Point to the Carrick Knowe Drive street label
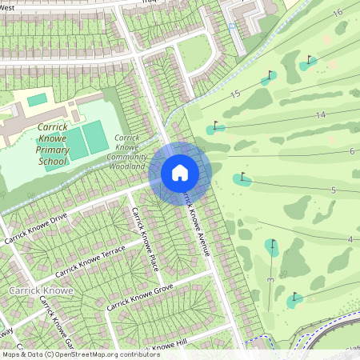(x=36, y=229)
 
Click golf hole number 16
(x=337, y=11)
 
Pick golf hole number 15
(x=234, y=94)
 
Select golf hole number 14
(x=320, y=115)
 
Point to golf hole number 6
(x=352, y=151)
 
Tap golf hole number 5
(x=333, y=190)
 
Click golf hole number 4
(x=350, y=239)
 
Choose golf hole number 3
(x=270, y=280)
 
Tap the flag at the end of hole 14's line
(x=214, y=126)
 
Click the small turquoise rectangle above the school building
(x=37, y=100)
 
